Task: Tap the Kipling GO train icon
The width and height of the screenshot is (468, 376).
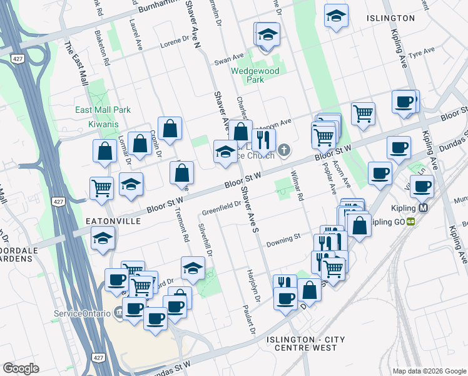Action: [x=411, y=221]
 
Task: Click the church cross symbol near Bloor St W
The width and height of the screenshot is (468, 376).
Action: [x=284, y=149]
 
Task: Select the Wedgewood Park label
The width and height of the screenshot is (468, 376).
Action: [x=255, y=75]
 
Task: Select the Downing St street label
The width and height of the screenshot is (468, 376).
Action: [x=283, y=239]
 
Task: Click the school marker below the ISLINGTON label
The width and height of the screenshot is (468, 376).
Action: [x=336, y=16]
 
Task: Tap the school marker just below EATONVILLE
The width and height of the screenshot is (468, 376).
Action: [x=103, y=238]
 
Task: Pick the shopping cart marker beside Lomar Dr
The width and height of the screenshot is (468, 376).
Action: [x=101, y=186]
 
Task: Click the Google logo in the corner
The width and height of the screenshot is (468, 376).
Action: [x=21, y=368]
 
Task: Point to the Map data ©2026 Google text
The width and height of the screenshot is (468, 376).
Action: [x=429, y=371]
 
